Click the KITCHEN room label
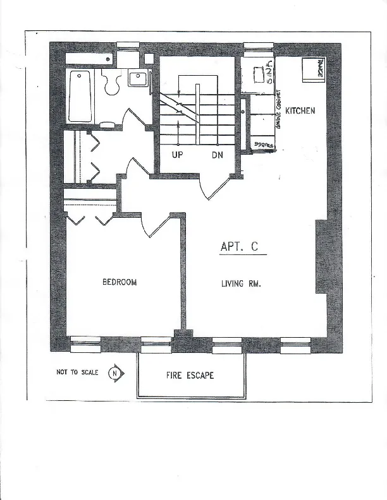(x=300, y=110)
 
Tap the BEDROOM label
(x=120, y=282)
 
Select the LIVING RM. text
(x=241, y=283)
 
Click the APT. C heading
(x=239, y=247)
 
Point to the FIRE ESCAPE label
(x=190, y=375)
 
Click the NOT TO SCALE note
(x=77, y=372)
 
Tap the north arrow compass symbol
(x=115, y=372)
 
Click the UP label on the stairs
(x=178, y=155)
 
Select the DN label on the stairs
(x=217, y=155)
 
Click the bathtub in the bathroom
(x=80, y=97)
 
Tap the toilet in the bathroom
(x=113, y=83)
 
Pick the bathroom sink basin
(x=138, y=79)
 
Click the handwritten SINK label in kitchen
(x=269, y=73)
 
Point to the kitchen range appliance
(x=312, y=70)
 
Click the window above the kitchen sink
(x=259, y=45)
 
